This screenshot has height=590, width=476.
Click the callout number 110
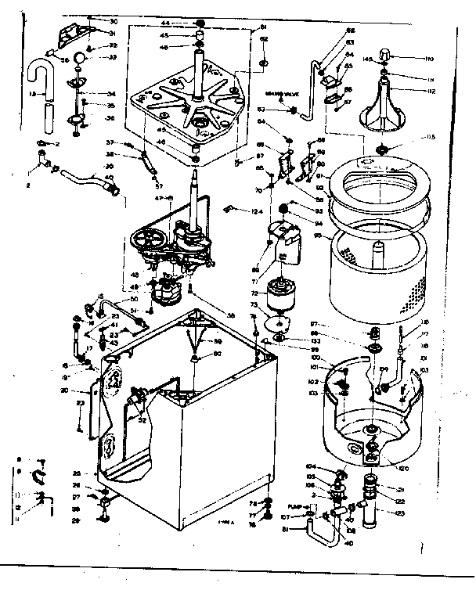tap(408, 59)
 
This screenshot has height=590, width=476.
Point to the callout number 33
tap(112, 57)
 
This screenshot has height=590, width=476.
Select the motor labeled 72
tap(279, 297)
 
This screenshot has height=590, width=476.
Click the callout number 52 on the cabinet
tap(141, 420)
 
